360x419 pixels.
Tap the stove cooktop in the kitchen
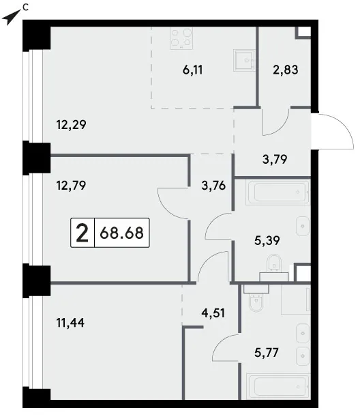coord(181,38)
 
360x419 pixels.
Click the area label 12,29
coord(72,125)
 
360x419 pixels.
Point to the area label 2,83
coord(286,70)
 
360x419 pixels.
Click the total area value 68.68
coord(122,233)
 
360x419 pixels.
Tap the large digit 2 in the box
coord(82,233)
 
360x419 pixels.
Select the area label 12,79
coord(72,186)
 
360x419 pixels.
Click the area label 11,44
coord(70,323)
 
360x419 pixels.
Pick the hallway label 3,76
coord(213,186)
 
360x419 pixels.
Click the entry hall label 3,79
coord(275,160)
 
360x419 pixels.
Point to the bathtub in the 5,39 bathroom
coord(277,192)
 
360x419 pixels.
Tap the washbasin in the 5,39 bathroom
coord(303,226)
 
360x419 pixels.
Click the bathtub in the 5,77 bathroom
coord(277,386)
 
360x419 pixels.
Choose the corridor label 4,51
coord(213,313)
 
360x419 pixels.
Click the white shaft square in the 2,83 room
coord(304,32)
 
